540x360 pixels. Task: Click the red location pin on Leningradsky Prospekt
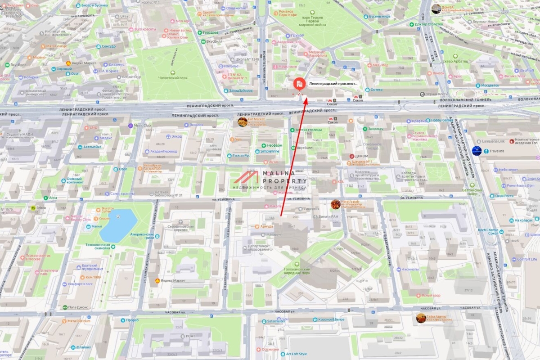pos(299,84)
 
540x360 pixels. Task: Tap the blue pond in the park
pos(118,224)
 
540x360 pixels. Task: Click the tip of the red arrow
pos(306,96)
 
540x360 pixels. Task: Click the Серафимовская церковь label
pos(180,228)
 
